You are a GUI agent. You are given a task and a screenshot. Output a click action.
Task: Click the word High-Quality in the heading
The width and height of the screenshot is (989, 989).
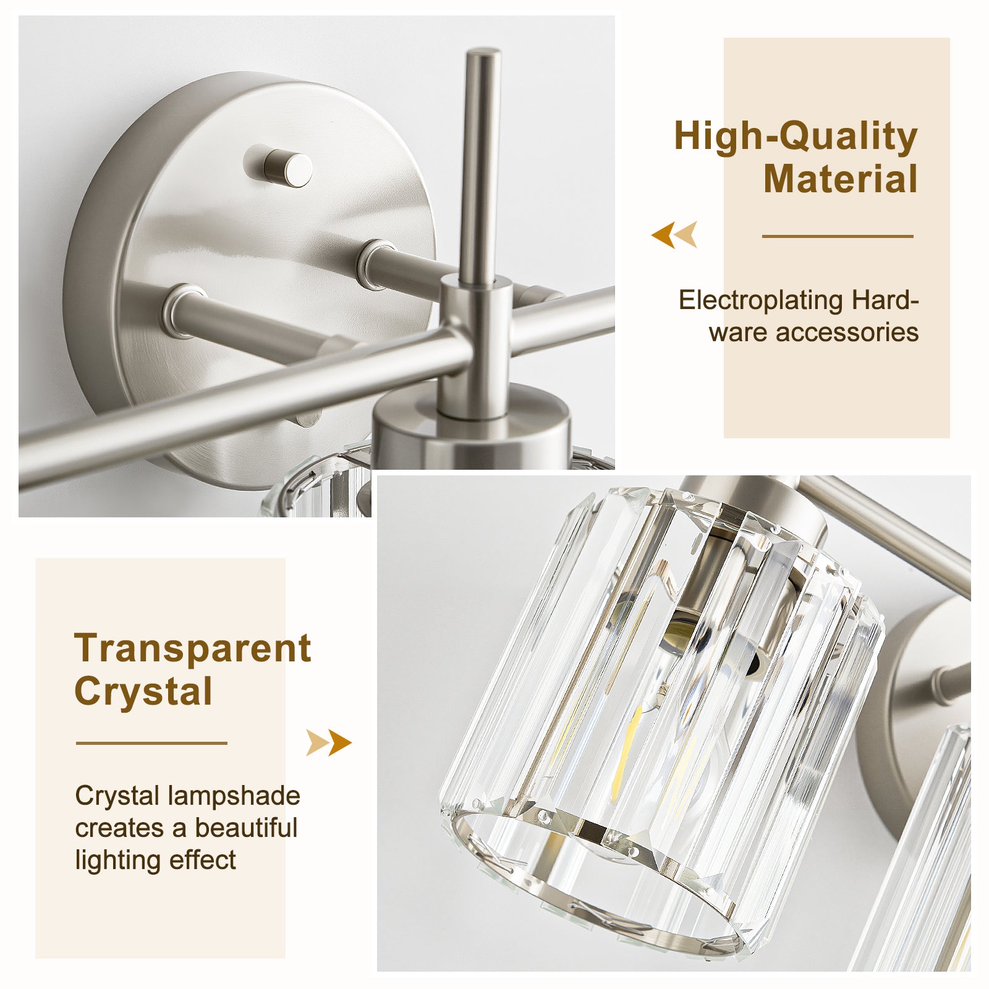tap(796, 137)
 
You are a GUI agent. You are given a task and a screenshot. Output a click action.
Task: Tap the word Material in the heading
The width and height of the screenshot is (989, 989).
tap(841, 179)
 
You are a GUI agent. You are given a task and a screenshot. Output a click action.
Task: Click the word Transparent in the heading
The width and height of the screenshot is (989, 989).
tap(192, 649)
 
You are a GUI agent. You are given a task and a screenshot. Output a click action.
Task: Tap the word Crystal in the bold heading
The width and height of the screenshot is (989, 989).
tap(143, 691)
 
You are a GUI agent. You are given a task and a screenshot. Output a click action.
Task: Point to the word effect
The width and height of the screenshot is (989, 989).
tap(203, 860)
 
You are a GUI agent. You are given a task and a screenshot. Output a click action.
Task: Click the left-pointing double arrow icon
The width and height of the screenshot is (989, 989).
tap(674, 234)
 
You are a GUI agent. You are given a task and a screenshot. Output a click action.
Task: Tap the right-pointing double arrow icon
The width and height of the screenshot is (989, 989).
tap(329, 742)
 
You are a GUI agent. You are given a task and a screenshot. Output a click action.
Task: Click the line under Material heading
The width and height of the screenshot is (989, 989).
tap(838, 236)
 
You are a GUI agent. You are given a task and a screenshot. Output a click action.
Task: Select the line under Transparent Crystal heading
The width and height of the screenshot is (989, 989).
tap(151, 743)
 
